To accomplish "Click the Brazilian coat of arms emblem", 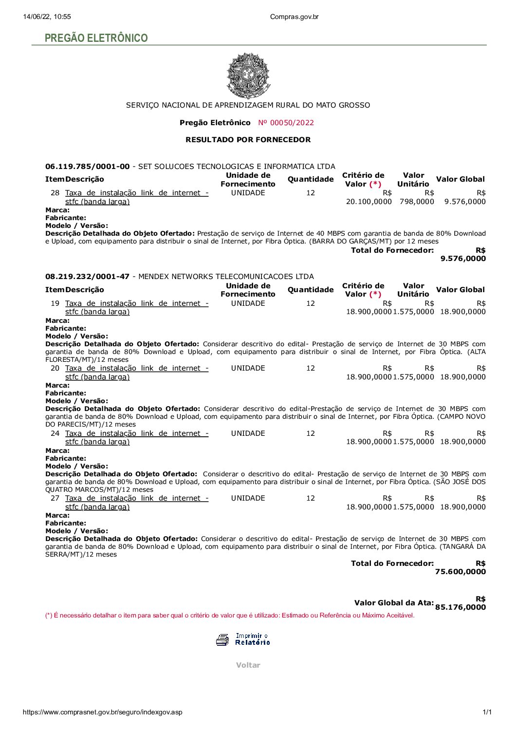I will [248, 75].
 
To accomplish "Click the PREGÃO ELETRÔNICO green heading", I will [96, 38].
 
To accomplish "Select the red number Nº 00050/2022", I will [286, 123].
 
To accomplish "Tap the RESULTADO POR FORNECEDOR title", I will [248, 140].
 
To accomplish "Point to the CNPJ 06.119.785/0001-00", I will [88, 167].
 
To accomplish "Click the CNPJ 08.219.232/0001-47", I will [88, 277].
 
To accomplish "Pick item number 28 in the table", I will [55, 193].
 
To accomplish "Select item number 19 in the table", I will [55, 303].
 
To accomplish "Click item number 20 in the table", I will [55, 368].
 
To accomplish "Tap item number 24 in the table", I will [55, 433].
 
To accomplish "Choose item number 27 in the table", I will [55, 498].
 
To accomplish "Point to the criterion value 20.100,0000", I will [368, 202].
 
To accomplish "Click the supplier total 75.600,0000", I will [460, 572].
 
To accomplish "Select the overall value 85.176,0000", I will [460, 607].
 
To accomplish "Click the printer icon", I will [222, 639].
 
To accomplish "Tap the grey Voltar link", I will [248, 665].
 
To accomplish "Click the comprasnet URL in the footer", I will [103, 712].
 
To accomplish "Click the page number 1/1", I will [487, 712].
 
